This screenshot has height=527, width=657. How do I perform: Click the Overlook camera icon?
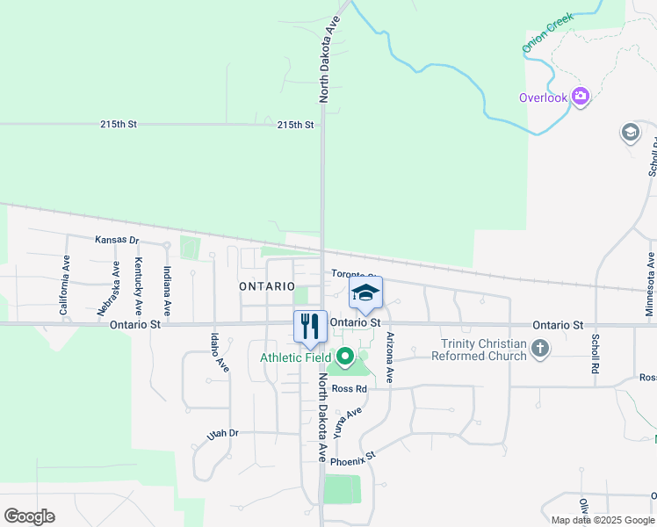[x=580, y=97]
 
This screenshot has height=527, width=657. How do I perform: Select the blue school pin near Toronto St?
[x=366, y=293]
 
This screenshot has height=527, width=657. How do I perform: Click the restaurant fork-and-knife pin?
[x=310, y=327]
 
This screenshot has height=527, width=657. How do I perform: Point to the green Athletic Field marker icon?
[x=345, y=357]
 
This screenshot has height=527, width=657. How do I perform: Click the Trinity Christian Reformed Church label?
[x=484, y=350]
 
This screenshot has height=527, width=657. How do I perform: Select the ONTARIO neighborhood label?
[x=267, y=286]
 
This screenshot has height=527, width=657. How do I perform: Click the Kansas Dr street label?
[x=117, y=240]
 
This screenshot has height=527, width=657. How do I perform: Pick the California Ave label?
[x=64, y=285]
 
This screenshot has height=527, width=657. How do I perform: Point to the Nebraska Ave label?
[x=115, y=286]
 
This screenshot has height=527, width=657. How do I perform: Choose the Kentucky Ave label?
[x=138, y=286]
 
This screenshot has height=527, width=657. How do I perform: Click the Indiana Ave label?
[x=165, y=291]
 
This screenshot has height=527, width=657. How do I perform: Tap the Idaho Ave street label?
[x=219, y=351]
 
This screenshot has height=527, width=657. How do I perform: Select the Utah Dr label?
[x=222, y=434]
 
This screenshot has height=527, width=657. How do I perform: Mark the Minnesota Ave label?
[x=650, y=284]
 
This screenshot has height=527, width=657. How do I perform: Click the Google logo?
[x=29, y=516]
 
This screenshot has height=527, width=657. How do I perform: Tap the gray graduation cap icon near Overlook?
[x=630, y=133]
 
